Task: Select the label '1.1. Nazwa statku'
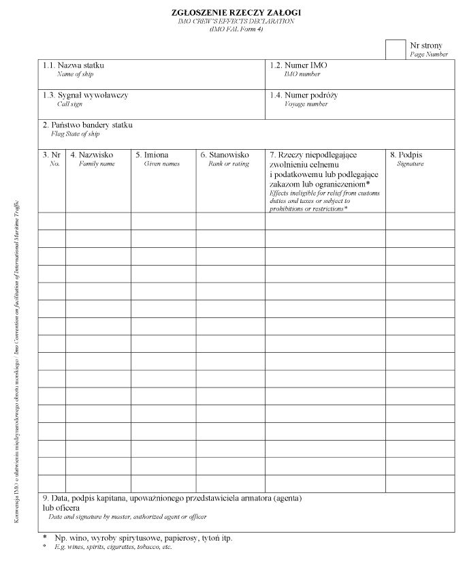coord(74,65)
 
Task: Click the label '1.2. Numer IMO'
coord(298,65)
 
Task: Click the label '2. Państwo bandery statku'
coord(87,125)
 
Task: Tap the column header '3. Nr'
coord(52,155)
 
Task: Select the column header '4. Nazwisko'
coord(91,155)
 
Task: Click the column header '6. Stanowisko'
coord(225,155)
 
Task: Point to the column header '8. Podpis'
coord(406,155)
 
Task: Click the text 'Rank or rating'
coord(229,164)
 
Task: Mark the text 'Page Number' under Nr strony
coord(429,54)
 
